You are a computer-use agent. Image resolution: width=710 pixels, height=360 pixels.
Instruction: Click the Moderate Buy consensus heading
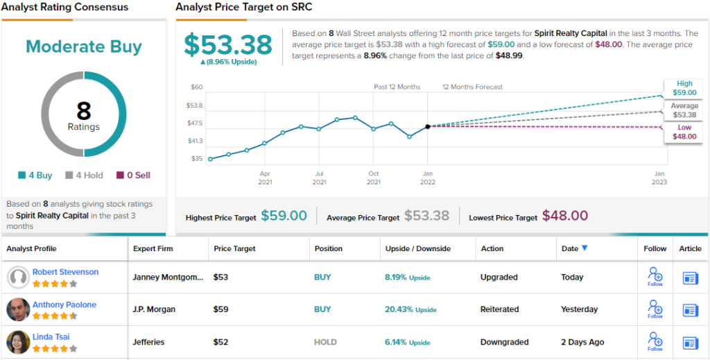pyautogui.click(x=84, y=46)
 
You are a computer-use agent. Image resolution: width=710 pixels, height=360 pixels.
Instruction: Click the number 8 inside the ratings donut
pyautogui.click(x=84, y=111)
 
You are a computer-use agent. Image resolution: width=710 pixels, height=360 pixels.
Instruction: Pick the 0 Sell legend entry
pyautogui.click(x=134, y=175)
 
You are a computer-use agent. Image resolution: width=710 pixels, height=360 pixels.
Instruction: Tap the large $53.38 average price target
pyautogui.click(x=228, y=44)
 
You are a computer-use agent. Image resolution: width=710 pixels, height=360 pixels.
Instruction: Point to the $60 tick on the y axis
pyautogui.click(x=196, y=87)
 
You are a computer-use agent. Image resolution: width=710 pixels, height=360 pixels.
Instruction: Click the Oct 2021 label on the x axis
pyautogui.click(x=373, y=178)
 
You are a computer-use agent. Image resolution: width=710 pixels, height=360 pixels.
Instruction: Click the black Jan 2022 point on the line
pyautogui.click(x=428, y=126)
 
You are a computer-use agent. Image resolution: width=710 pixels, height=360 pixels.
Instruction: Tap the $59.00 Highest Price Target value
pyautogui.click(x=284, y=216)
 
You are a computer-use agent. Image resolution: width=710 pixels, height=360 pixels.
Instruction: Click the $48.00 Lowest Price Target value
pyautogui.click(x=564, y=216)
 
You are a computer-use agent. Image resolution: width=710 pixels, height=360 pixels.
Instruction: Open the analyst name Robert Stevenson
pyautogui.click(x=65, y=272)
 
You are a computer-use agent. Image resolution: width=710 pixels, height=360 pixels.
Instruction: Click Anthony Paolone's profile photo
pyautogui.click(x=18, y=309)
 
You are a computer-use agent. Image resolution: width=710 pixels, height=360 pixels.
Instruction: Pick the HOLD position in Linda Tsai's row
pyautogui.click(x=325, y=342)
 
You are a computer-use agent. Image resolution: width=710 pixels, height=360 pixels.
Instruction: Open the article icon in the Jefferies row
pyautogui.click(x=691, y=342)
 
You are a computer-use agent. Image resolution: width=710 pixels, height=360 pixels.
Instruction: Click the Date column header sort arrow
pyautogui.click(x=585, y=248)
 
